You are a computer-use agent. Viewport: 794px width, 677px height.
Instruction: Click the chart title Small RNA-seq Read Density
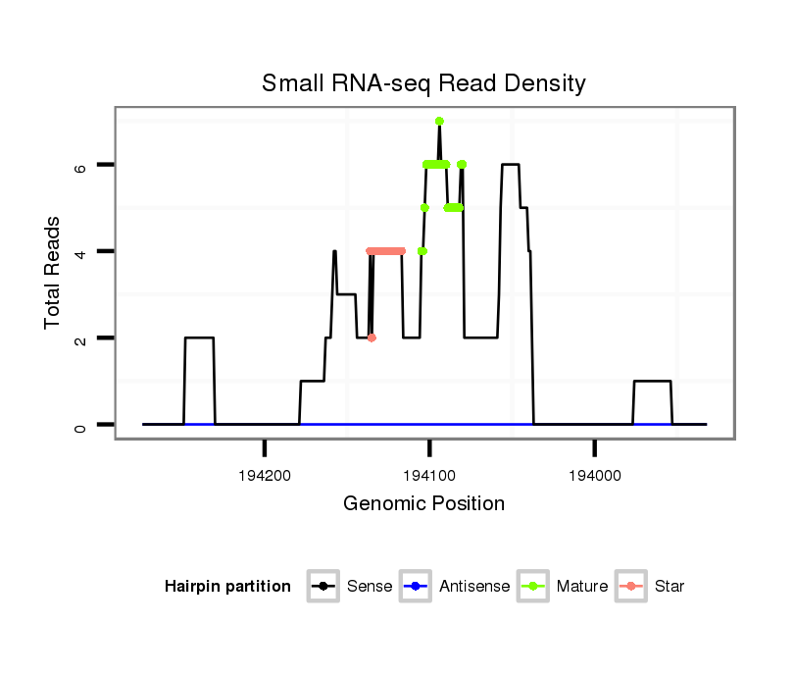click(423, 83)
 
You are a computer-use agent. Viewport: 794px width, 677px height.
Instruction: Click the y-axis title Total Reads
click(54, 273)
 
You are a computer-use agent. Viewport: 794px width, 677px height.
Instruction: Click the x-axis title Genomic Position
click(423, 504)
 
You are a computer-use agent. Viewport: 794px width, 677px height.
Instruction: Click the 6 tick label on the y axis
click(82, 166)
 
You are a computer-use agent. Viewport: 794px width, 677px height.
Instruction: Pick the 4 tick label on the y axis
click(82, 252)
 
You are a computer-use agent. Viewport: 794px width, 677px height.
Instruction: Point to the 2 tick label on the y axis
click(82, 338)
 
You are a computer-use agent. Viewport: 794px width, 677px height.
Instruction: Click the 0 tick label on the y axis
click(82, 425)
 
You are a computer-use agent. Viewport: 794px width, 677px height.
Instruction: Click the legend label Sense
click(370, 587)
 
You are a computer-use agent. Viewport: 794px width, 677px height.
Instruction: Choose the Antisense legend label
click(474, 587)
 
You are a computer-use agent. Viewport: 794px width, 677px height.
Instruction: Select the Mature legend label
click(582, 587)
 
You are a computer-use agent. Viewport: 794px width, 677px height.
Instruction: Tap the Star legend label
click(670, 587)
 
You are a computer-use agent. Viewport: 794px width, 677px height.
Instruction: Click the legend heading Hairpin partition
click(227, 587)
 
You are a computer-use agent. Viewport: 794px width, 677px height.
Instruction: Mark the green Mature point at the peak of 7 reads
click(439, 121)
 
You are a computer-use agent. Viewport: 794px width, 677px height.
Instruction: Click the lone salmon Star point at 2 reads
click(372, 338)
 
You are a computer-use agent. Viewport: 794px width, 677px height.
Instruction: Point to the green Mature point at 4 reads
click(422, 251)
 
